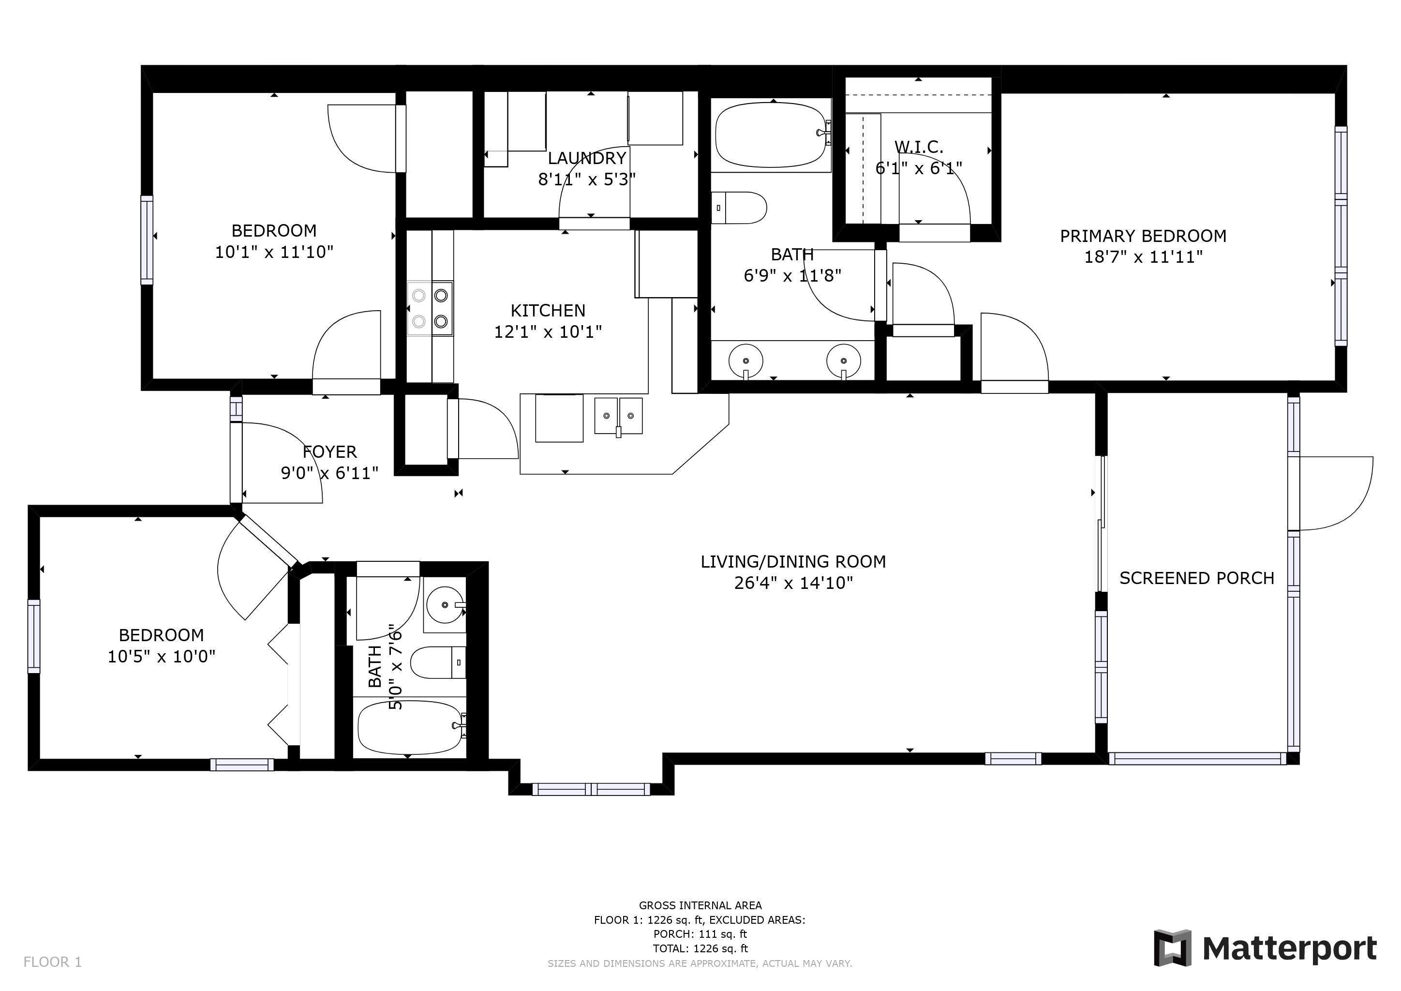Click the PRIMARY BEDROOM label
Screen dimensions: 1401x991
click(1143, 236)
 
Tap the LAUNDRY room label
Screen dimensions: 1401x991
click(587, 158)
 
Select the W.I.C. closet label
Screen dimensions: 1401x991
click(919, 147)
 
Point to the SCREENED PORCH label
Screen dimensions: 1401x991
click(1196, 579)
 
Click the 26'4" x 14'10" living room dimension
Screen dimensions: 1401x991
click(793, 583)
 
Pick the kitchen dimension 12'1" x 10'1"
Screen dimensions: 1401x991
click(548, 332)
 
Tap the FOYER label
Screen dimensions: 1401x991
click(329, 452)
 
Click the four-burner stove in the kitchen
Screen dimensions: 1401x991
click(430, 308)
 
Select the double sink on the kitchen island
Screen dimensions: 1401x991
click(618, 416)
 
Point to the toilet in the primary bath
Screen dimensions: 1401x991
click(740, 208)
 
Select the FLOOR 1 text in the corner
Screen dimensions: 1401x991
click(52, 962)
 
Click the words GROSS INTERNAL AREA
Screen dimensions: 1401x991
click(700, 905)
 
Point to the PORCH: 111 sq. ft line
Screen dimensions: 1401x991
click(700, 934)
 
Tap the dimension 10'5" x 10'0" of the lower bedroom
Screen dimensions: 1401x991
click(162, 657)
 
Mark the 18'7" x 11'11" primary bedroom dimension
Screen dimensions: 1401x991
click(1143, 257)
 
